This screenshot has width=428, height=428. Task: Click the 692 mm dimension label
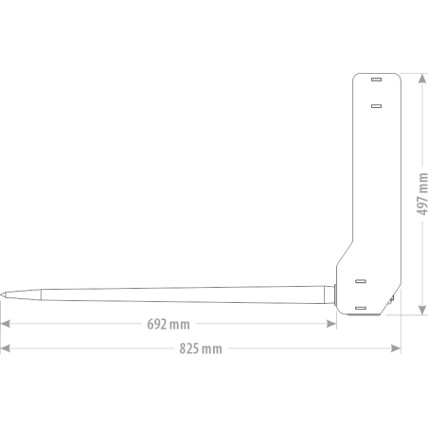click(x=169, y=324)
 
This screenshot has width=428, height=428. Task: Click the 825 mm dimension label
click(x=201, y=348)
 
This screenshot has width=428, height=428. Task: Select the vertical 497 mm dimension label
click(x=422, y=194)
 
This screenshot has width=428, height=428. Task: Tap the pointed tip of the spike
click(x=1, y=294)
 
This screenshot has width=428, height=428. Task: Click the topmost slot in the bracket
click(x=376, y=80)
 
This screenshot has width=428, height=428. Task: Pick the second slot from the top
click(x=376, y=106)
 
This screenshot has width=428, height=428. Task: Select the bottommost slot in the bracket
click(x=361, y=308)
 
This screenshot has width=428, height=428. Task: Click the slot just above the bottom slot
click(x=361, y=281)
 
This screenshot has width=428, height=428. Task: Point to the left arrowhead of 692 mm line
click(x=6, y=324)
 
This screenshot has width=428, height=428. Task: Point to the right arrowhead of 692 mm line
click(x=331, y=324)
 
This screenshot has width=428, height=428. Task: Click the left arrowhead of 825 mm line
click(x=6, y=348)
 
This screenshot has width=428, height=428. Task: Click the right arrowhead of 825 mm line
click(x=396, y=348)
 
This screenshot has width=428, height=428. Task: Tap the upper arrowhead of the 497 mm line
click(x=422, y=79)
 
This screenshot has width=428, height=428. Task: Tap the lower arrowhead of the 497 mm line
click(x=422, y=310)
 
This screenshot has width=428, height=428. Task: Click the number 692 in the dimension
click(x=157, y=324)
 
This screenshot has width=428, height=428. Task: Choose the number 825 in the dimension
click(x=189, y=348)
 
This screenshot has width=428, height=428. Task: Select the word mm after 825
click(x=212, y=349)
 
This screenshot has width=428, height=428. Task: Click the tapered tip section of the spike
click(x=21, y=294)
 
